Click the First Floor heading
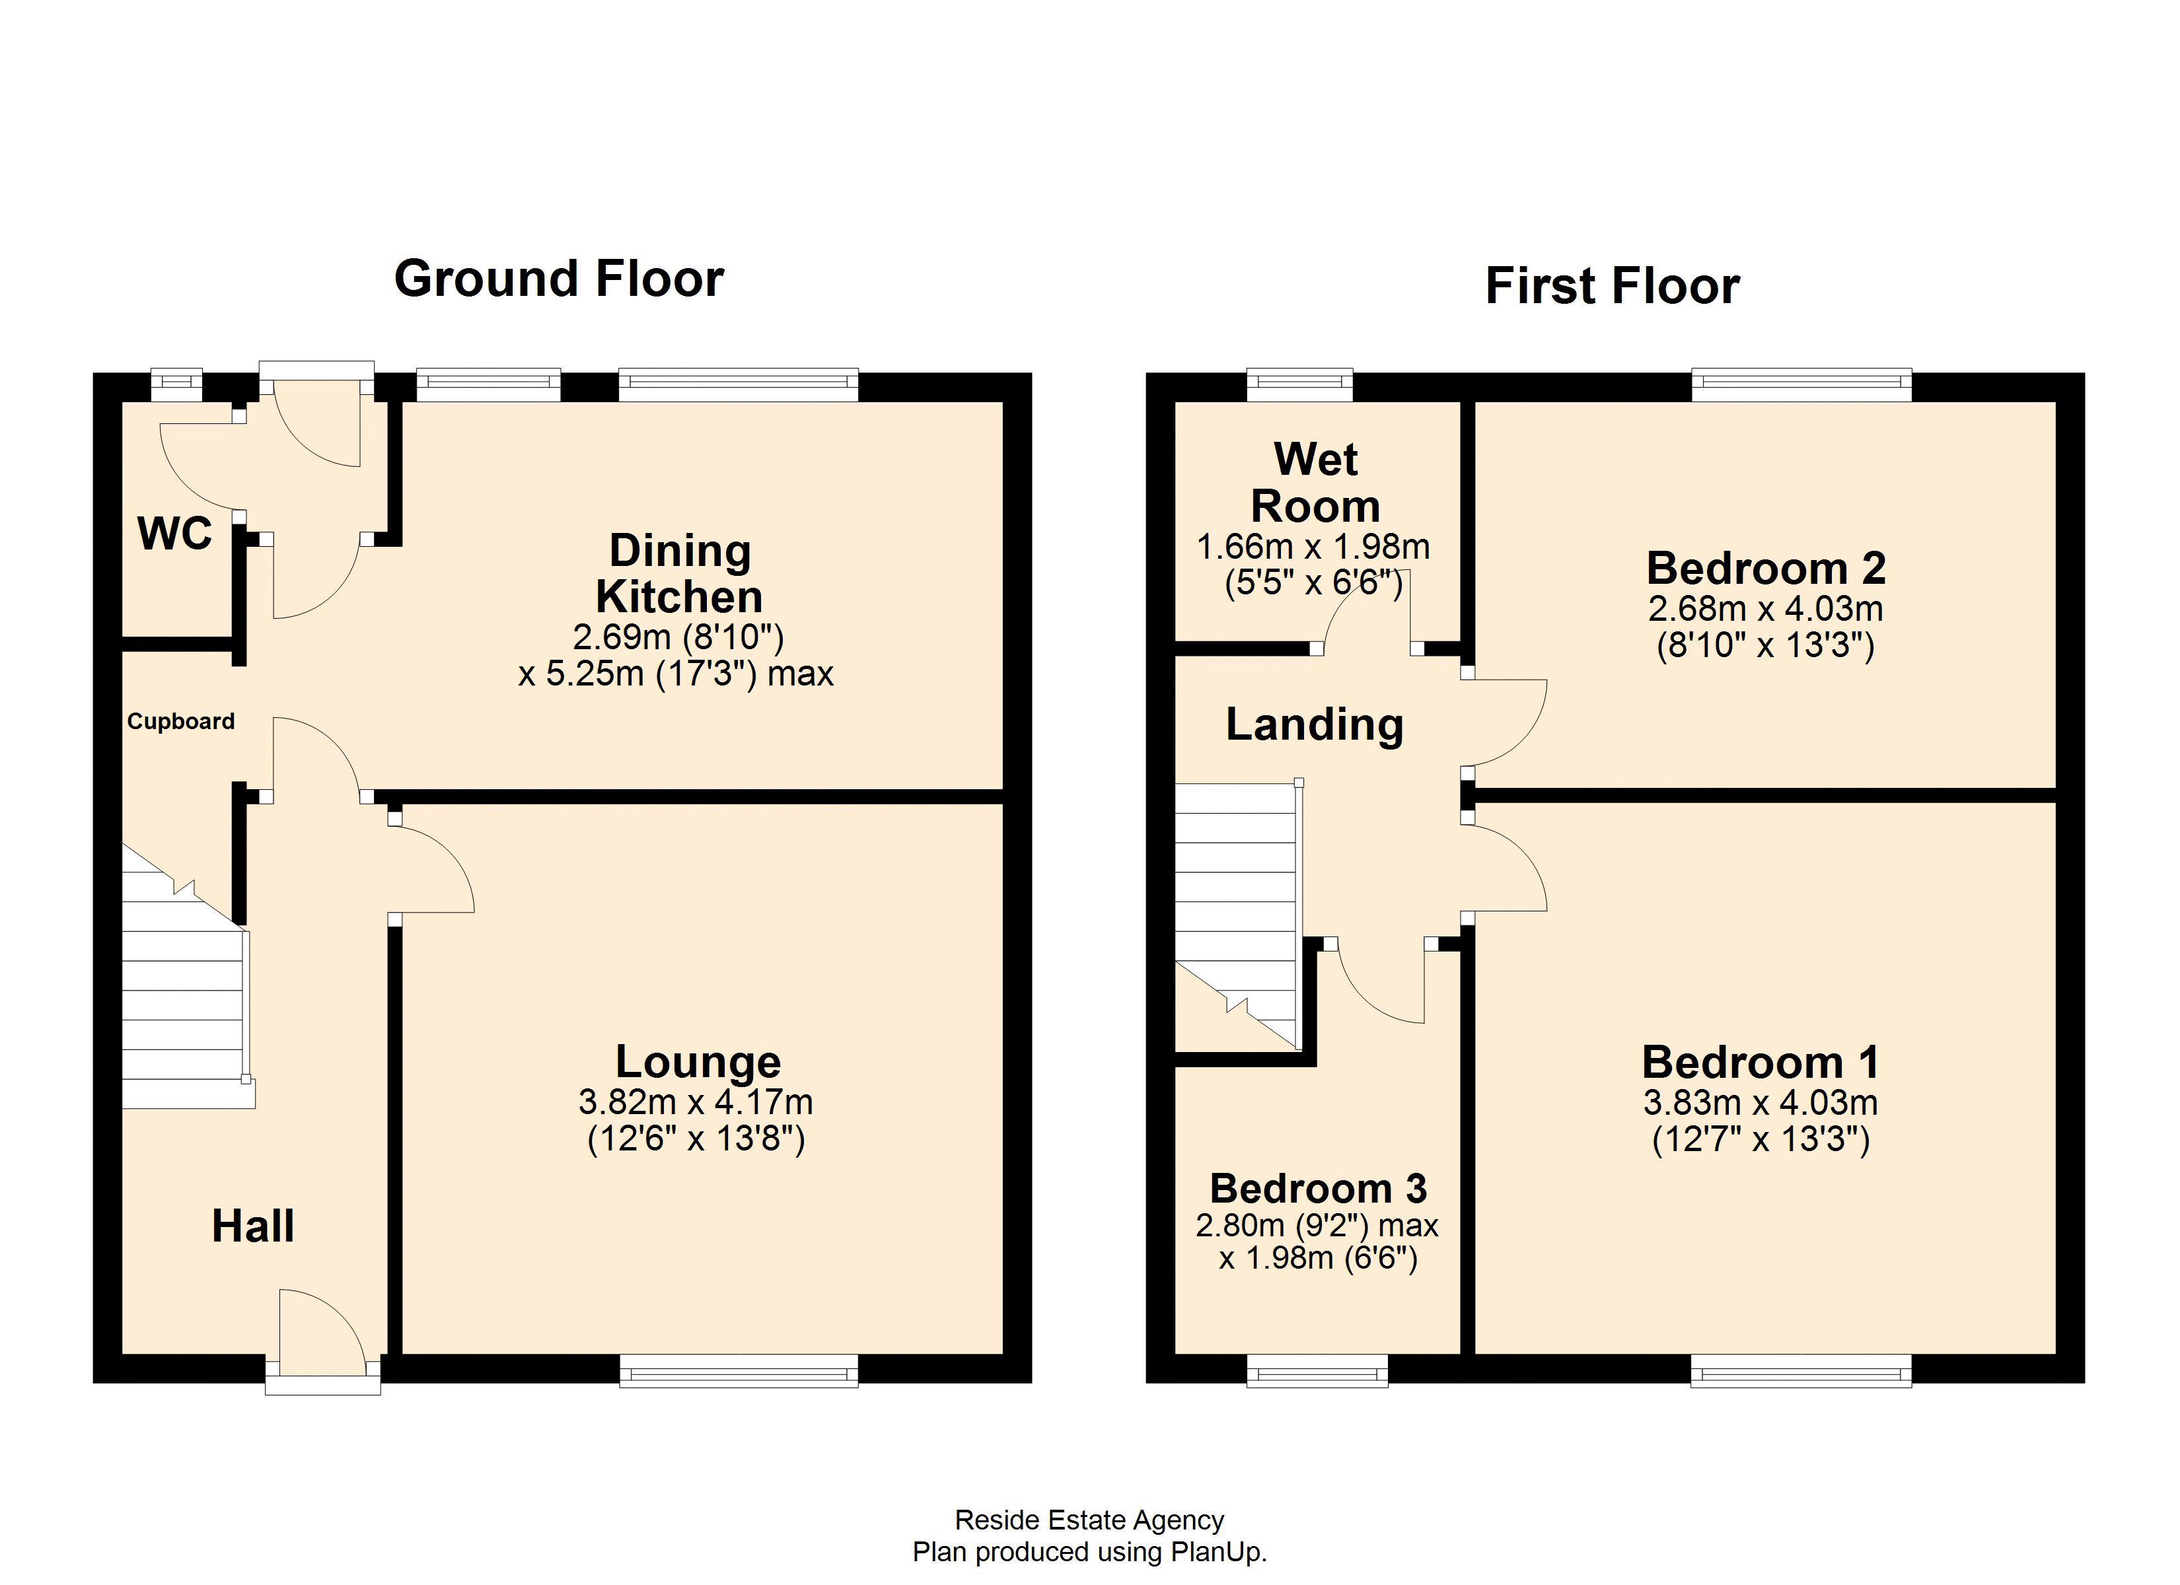1612,285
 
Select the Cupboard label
181,721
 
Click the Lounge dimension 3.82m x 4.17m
695,1102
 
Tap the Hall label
253,1226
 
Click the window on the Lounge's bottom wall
738,1370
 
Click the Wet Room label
1315,483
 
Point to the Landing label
1314,724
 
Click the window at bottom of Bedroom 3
1317,1370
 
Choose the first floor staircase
1236,913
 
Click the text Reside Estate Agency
1089,1520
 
